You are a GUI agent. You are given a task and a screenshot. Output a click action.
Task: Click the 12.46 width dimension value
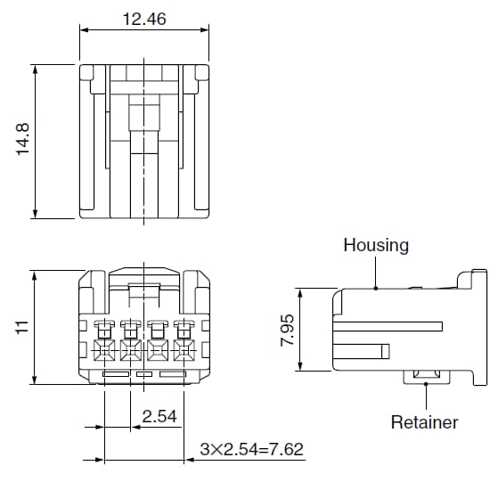(x=145, y=18)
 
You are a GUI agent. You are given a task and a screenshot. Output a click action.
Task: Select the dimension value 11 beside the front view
(x=23, y=327)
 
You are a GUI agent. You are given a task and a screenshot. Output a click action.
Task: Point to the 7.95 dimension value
(x=286, y=330)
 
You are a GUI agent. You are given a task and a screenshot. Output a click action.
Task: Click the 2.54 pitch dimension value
(x=159, y=416)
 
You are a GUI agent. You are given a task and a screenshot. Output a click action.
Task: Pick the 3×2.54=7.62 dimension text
(x=251, y=450)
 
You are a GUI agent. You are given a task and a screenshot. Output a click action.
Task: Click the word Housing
(x=376, y=245)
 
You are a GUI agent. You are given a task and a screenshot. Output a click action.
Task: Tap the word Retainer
(x=424, y=422)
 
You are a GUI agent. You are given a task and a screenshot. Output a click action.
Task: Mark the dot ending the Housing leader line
(x=376, y=288)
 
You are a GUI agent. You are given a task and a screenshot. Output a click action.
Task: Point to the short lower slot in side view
(x=365, y=349)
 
